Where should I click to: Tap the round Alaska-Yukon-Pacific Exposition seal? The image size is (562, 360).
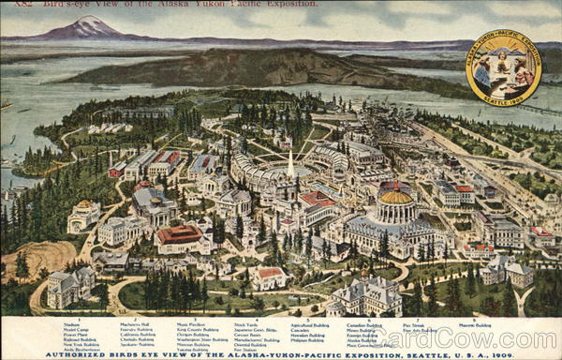[x=503, y=67]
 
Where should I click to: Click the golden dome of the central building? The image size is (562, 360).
[x=395, y=197]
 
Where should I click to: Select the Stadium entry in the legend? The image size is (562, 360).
[x=71, y=325]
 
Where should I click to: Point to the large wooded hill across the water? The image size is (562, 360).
[x=262, y=67]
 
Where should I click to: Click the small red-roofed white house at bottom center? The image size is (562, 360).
[x=270, y=277]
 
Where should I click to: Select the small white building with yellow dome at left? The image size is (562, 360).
[x=84, y=216]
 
